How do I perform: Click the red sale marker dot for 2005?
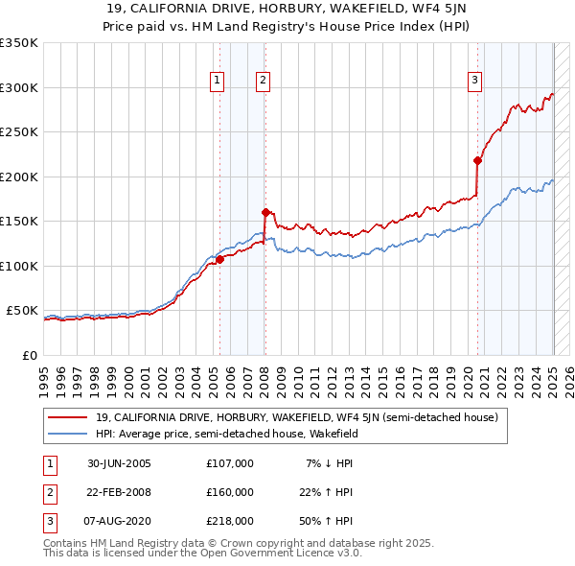[x=219, y=259]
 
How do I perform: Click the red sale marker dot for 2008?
[x=265, y=212]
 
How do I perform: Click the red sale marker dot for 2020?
[x=477, y=160]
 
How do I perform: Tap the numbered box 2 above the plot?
[x=262, y=82]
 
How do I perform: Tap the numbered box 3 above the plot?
[x=474, y=82]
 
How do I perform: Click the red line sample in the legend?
[x=67, y=418]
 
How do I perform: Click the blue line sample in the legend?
[x=67, y=434]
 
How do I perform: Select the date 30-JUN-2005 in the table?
[x=119, y=463]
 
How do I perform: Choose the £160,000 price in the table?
[x=230, y=492]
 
